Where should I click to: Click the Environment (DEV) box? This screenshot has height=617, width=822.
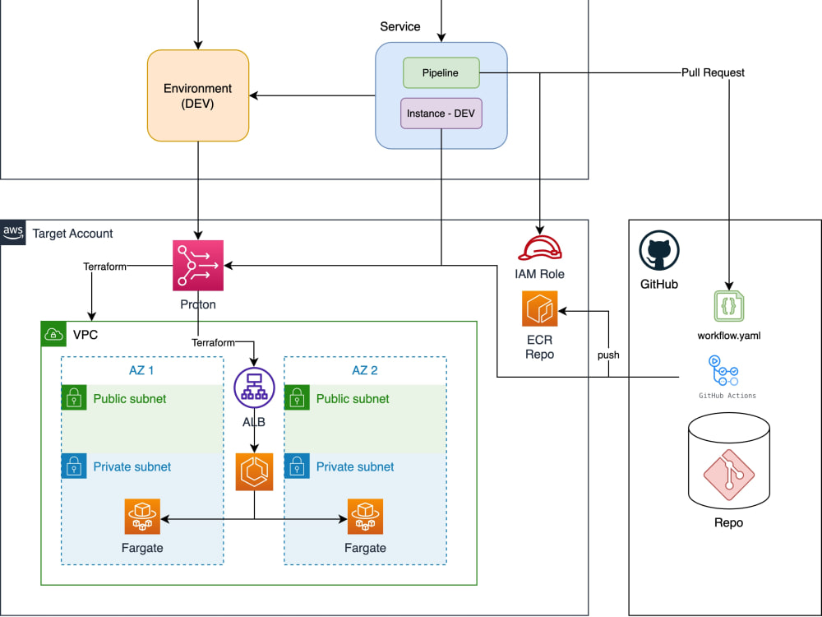[x=198, y=95]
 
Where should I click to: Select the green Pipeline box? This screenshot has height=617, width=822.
[x=441, y=72]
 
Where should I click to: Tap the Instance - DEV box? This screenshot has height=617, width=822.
[x=441, y=113]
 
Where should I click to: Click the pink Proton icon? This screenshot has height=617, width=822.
[x=197, y=266]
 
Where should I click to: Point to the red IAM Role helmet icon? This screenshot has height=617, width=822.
[x=539, y=248]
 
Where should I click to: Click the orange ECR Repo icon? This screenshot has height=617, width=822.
[x=539, y=308]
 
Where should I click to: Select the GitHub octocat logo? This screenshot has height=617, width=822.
[x=658, y=251]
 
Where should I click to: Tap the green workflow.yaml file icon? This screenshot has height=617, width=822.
[x=727, y=305]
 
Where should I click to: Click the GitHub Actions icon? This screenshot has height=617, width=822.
[x=723, y=371]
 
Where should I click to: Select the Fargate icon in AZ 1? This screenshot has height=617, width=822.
[x=143, y=517]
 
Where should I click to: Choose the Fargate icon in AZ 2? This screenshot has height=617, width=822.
[x=365, y=517]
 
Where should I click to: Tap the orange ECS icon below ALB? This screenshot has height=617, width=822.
[x=253, y=472]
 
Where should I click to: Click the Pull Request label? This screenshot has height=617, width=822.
[x=713, y=72]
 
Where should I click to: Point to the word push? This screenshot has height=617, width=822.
[x=608, y=355]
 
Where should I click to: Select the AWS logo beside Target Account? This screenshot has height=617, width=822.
[x=13, y=233]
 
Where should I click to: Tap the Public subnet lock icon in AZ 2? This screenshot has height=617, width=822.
[x=297, y=399]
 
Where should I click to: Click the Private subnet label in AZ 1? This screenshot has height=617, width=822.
[x=132, y=466]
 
